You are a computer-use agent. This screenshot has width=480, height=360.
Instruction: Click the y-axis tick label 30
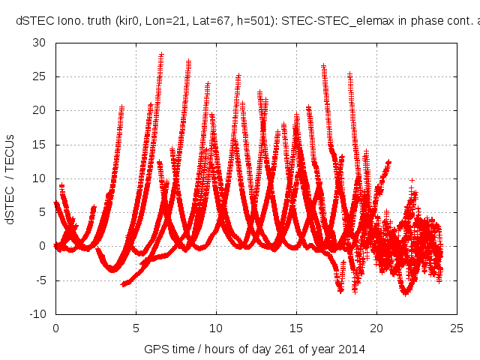tap(39, 43)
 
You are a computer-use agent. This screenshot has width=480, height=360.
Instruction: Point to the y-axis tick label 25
tap(39, 76)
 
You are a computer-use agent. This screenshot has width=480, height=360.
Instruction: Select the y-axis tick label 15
tap(39, 144)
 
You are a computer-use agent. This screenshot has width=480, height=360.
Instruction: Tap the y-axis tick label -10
tap(37, 313)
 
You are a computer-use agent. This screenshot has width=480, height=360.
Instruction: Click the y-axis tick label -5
tap(39, 280)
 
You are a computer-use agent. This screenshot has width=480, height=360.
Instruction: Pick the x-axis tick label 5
tap(136, 328)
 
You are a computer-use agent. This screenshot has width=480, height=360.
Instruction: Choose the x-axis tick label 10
tap(216, 328)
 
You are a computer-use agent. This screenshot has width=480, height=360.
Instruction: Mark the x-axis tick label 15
tap(296, 328)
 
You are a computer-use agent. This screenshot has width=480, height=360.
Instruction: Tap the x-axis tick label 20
tap(376, 328)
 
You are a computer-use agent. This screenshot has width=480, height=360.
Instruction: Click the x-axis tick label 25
tap(457, 328)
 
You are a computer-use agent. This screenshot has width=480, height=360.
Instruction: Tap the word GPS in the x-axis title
tap(155, 349)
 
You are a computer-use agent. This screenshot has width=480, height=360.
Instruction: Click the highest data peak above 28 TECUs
tap(161, 54)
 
